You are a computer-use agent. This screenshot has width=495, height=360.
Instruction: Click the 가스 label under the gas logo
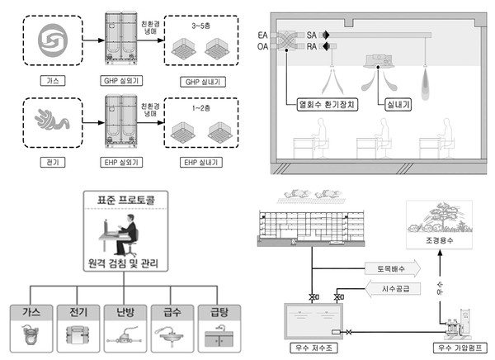point(53,81)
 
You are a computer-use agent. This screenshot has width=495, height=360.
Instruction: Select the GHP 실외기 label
point(121,81)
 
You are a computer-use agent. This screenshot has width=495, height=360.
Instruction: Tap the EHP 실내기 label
point(201,163)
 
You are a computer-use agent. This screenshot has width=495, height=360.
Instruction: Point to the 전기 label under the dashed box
point(53,163)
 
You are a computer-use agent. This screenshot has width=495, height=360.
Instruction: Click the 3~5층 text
point(200,26)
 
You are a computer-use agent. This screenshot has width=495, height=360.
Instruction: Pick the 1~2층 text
point(201,108)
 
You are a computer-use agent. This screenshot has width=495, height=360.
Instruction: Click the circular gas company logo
point(53,40)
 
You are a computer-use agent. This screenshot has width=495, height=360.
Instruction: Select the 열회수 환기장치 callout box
point(328,104)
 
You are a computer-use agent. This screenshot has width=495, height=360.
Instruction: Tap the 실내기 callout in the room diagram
point(398,104)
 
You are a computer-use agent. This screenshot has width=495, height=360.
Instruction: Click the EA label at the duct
point(262,35)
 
